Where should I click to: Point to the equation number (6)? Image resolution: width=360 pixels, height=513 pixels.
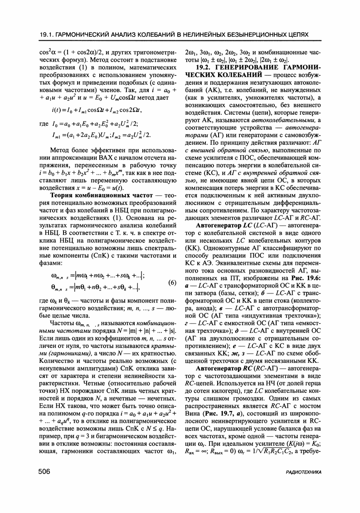[172, 283]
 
